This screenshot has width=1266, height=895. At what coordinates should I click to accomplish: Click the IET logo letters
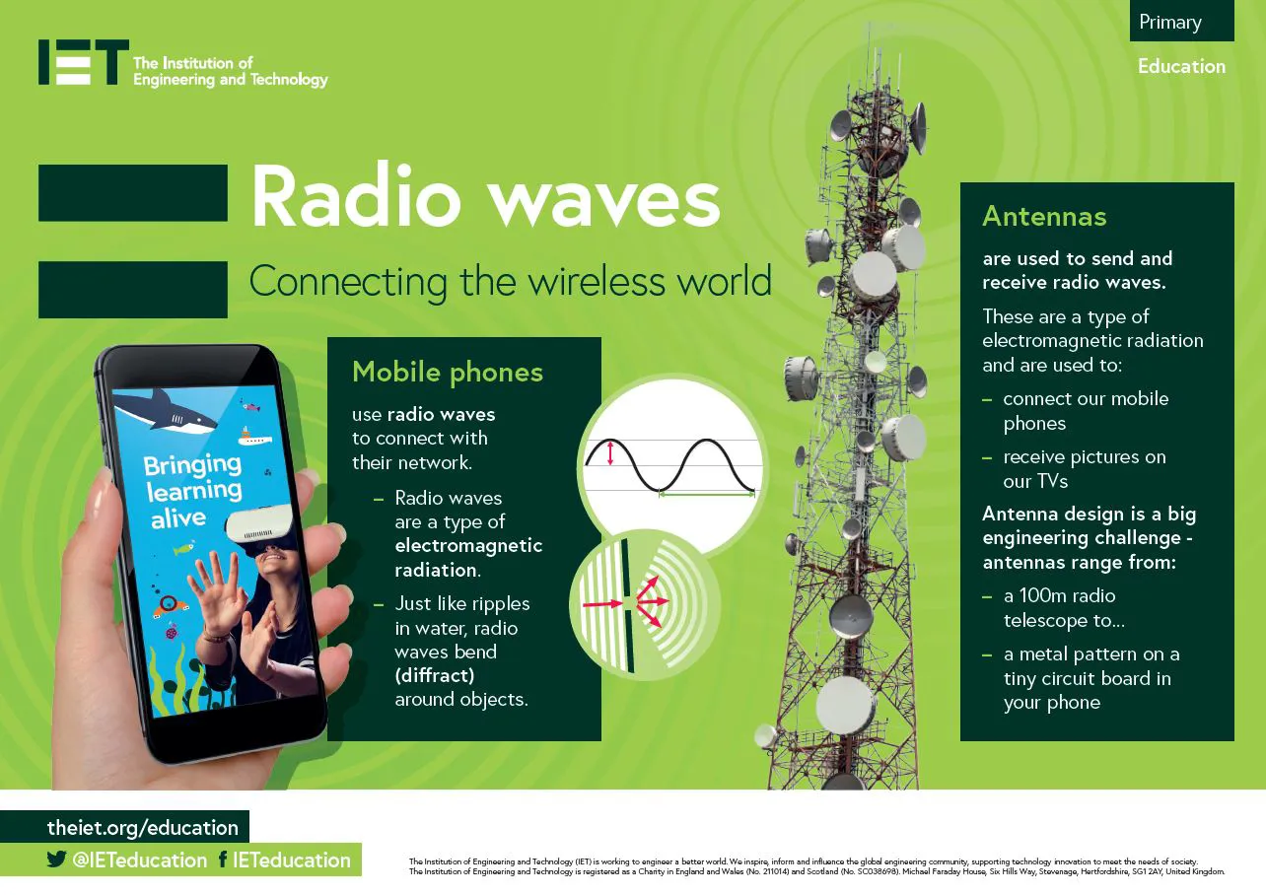coord(84,62)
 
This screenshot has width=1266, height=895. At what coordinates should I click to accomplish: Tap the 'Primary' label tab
coord(1181,22)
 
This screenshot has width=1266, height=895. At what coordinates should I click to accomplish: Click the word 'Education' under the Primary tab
coord(1182,66)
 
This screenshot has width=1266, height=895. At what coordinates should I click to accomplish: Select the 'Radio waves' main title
coord(485,196)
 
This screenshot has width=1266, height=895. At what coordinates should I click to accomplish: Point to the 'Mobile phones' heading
coord(448,373)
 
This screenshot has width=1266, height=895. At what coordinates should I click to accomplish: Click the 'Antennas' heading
coord(1044,217)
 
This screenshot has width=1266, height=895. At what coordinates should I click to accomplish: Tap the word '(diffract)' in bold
coord(435,676)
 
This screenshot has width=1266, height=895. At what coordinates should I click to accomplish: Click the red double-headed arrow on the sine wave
coord(609,453)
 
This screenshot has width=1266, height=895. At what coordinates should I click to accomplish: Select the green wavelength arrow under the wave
coord(707,495)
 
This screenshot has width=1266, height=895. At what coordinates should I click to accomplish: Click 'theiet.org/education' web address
coord(142,828)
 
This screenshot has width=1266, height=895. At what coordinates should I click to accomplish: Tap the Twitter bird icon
coord(56,859)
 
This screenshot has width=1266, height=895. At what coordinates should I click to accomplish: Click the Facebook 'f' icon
coord(223,860)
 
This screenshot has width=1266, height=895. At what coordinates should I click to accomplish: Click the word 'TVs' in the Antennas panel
coord(1051,481)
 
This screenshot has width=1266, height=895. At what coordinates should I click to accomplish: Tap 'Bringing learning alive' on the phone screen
coord(192,491)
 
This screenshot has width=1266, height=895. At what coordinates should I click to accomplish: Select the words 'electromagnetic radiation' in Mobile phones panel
coord(468,558)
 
